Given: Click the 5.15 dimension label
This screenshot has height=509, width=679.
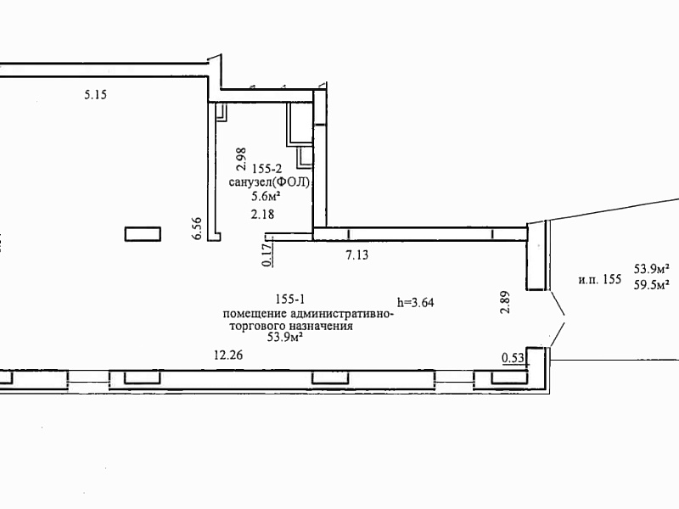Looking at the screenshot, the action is (x=95, y=94).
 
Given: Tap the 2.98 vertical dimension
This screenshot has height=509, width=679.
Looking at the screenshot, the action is (x=241, y=159).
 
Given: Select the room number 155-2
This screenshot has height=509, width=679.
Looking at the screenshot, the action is (x=267, y=169).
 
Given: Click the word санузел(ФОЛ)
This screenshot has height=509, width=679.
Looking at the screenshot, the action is (x=270, y=182).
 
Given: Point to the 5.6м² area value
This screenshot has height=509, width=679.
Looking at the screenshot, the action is (x=266, y=197).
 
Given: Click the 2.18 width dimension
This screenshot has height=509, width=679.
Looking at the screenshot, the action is (x=262, y=214).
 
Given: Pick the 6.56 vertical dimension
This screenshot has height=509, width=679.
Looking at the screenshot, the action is (x=197, y=228).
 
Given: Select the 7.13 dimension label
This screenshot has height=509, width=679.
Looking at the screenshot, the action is (x=357, y=255).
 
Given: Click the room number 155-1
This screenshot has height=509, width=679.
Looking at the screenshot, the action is (x=290, y=299).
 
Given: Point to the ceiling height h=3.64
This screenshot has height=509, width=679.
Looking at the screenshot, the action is (x=416, y=302).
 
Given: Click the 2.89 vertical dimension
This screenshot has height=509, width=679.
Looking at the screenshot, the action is (x=505, y=302).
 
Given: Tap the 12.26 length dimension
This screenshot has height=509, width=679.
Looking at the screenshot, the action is (x=228, y=355).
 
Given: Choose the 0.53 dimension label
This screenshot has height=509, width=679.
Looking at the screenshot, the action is (x=513, y=358).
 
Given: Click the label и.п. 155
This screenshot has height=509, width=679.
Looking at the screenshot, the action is (x=600, y=279).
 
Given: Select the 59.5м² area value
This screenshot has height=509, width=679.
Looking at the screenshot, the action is (x=652, y=285).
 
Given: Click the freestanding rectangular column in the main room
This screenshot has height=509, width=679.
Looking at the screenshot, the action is (x=143, y=234).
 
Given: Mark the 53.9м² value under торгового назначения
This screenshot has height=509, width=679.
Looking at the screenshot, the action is (x=284, y=337).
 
